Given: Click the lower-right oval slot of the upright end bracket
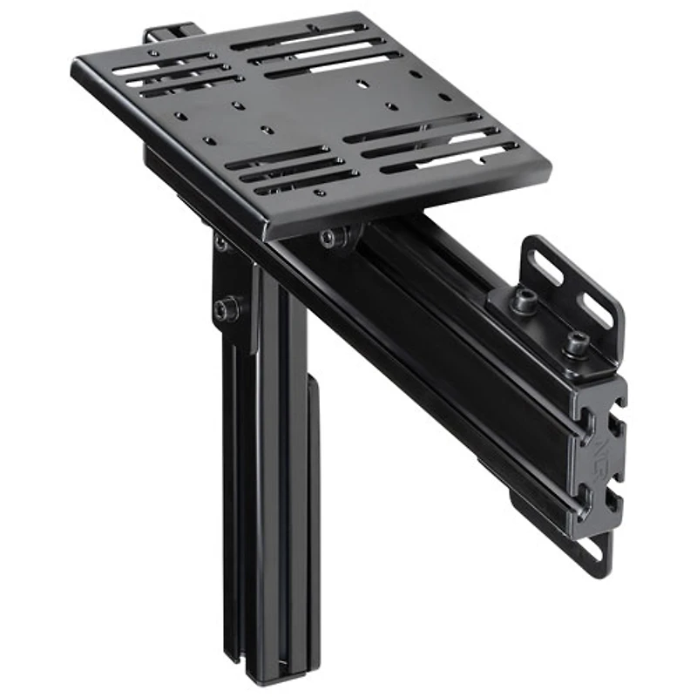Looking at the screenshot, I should pos(598,309).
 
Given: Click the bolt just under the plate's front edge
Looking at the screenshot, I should pos(331,238).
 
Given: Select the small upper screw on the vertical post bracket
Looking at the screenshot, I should pos(220,243).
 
